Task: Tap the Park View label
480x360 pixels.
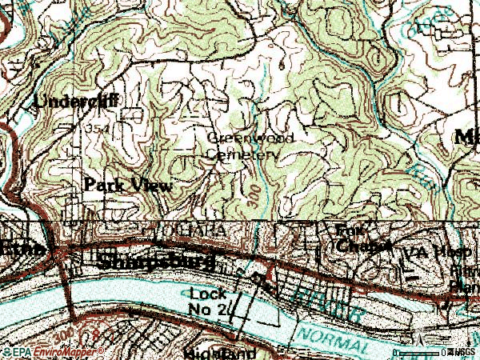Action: coord(128,185)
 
